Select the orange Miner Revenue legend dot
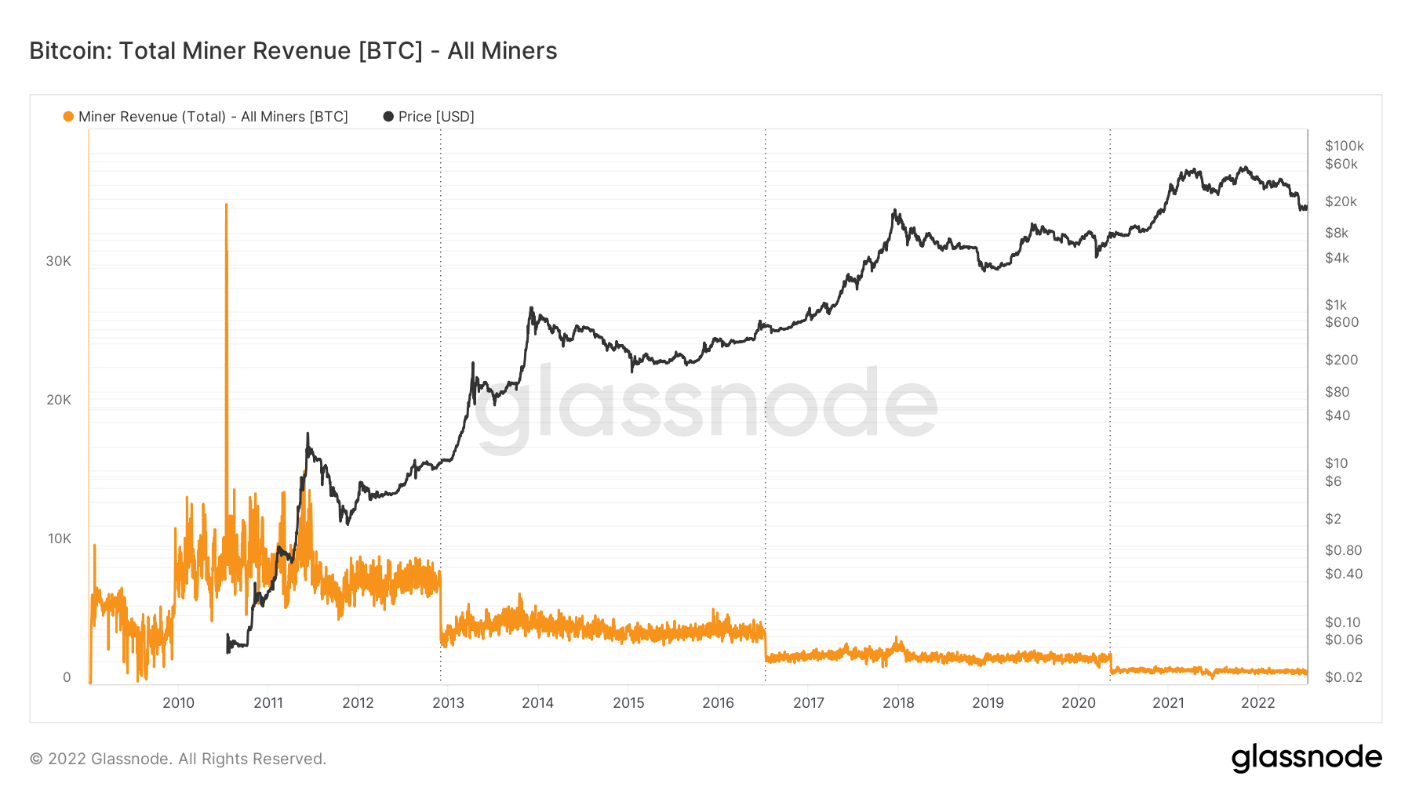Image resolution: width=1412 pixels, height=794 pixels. tap(68, 117)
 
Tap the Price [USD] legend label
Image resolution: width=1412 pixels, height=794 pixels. tap(435, 117)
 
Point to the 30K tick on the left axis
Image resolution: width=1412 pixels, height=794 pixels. tap(58, 261)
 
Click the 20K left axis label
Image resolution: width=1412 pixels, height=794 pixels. tap(58, 400)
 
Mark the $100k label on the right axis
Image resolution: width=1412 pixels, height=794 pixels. tap(1344, 146)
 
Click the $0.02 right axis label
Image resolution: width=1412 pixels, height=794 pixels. tap(1343, 677)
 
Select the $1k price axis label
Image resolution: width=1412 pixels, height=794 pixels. tap(1335, 305)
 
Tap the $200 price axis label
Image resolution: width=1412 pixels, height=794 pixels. tap(1341, 360)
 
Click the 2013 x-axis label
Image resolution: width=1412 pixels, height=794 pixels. tap(448, 703)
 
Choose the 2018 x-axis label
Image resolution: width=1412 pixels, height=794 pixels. tap(898, 703)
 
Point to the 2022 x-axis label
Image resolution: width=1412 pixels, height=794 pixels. tap(1257, 703)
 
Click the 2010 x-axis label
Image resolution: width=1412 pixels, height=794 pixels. tap(178, 703)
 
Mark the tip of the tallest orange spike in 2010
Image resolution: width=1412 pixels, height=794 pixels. tap(227, 205)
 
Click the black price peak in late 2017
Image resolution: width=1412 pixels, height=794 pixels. tap(894, 210)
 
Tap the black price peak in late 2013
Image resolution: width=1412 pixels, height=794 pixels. tap(531, 308)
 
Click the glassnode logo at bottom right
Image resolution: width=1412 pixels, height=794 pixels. tap(1306, 758)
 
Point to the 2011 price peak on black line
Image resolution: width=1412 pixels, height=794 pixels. tap(308, 433)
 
